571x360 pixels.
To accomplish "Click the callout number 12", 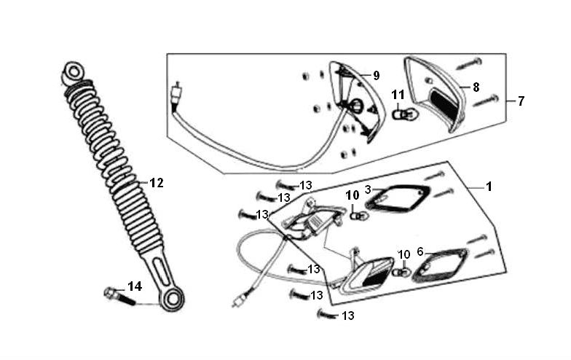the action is pyautogui.click(x=157, y=182).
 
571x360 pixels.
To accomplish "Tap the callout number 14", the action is pyautogui.click(x=135, y=286).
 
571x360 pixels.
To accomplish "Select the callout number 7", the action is pyautogui.click(x=521, y=101).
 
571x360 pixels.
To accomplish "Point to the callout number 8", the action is pyautogui.click(x=476, y=87).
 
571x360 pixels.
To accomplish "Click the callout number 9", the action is pyautogui.click(x=376, y=76).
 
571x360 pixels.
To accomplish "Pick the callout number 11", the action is pyautogui.click(x=398, y=95).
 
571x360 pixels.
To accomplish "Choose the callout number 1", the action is pyautogui.click(x=489, y=187).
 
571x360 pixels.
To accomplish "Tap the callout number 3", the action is pyautogui.click(x=368, y=189).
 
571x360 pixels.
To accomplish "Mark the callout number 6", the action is pyautogui.click(x=420, y=251).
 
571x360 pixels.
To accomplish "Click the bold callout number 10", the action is pyautogui.click(x=353, y=195).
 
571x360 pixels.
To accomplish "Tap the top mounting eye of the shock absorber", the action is pyautogui.click(x=73, y=73).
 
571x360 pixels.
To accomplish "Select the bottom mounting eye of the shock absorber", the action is pyautogui.click(x=172, y=300).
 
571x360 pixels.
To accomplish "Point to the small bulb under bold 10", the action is pyautogui.click(x=359, y=216).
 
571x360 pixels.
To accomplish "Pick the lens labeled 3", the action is pyautogui.click(x=397, y=199).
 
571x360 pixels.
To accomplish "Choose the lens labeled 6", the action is pyautogui.click(x=440, y=265).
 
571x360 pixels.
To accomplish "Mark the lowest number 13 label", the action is pyautogui.click(x=348, y=316).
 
